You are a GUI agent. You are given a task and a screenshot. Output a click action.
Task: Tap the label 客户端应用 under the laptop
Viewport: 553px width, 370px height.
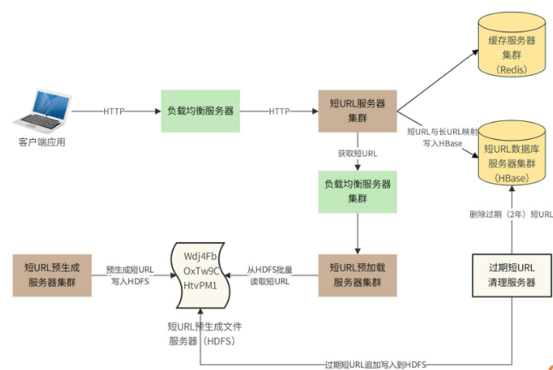pyautogui.click(x=41, y=142)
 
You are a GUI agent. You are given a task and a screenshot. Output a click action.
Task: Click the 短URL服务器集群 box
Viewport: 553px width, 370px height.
pyautogui.click(x=358, y=111)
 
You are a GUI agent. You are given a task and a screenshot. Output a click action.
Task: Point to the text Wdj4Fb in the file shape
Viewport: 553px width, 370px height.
pyautogui.click(x=201, y=257)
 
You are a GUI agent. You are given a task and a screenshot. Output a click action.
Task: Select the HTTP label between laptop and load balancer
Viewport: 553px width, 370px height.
pyautogui.click(x=115, y=111)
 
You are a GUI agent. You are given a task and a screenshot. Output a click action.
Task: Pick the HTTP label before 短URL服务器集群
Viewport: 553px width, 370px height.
pyautogui.click(x=279, y=111)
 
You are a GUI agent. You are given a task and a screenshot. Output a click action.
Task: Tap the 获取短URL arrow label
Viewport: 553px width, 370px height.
pyautogui.click(x=358, y=153)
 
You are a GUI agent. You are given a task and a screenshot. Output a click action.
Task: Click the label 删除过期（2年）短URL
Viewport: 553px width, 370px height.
pyautogui.click(x=510, y=214)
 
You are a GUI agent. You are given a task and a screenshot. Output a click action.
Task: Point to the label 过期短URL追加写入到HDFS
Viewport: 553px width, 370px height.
pyautogui.click(x=375, y=364)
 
